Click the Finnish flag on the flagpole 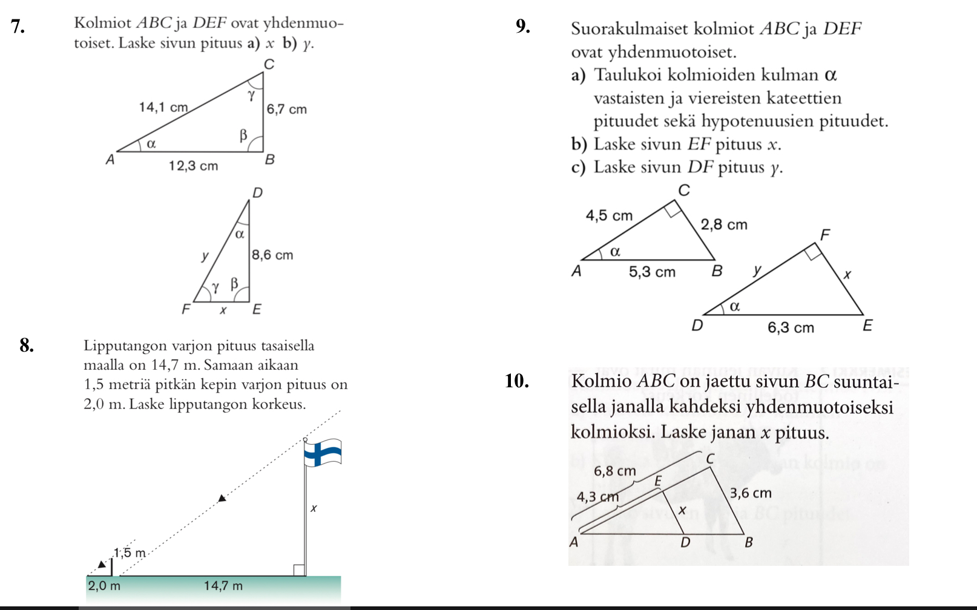point(323,453)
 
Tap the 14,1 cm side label point(163,107)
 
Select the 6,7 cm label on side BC point(287,110)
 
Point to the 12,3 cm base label point(193,166)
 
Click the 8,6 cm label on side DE point(272,255)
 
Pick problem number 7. point(18,26)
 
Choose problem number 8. point(27,346)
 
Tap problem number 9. point(523,26)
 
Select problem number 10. point(517,381)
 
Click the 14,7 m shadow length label point(223,586)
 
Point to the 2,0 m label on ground point(104,586)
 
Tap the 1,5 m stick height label point(130,553)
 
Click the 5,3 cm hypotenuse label point(652,272)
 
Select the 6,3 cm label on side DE point(791,328)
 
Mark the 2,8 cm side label point(724,225)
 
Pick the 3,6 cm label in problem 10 point(751,493)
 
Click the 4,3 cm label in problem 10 point(597,497)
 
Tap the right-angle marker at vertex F point(813,252)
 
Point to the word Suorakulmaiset point(630,29)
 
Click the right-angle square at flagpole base point(298,570)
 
